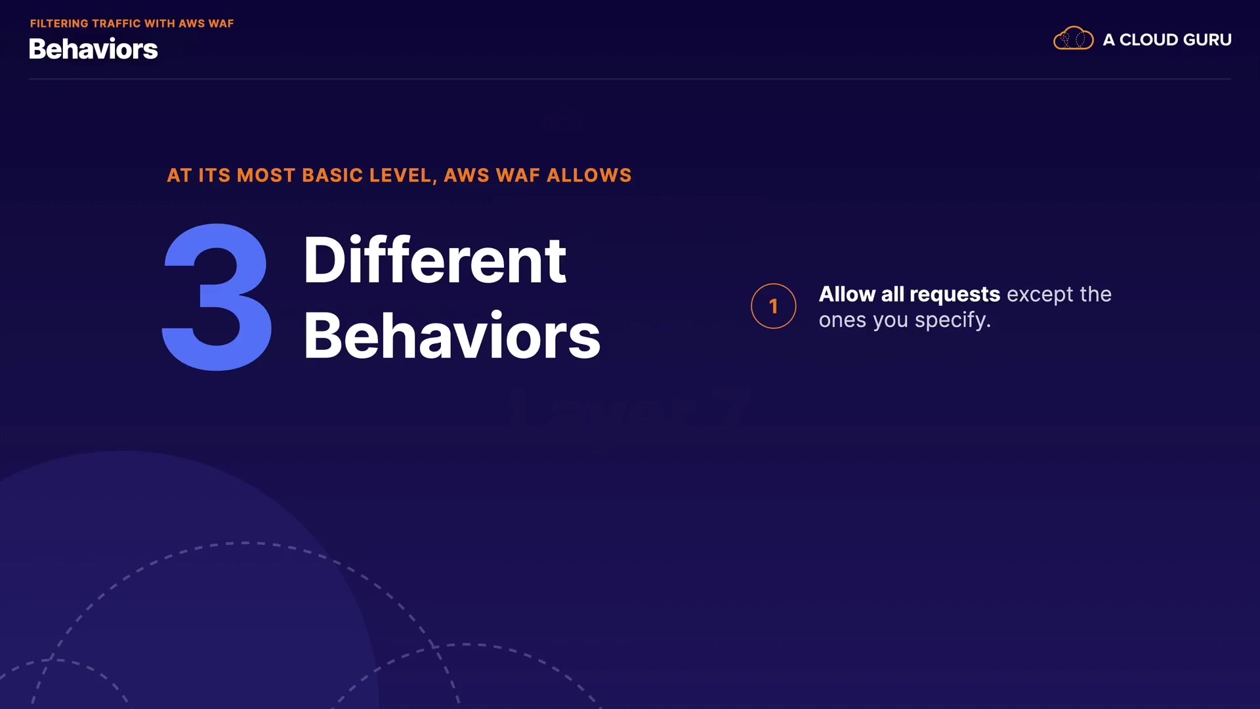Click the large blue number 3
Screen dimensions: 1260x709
click(x=217, y=297)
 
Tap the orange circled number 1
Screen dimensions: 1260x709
click(x=774, y=306)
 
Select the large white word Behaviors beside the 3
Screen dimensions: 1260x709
click(x=452, y=335)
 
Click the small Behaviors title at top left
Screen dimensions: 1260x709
click(x=93, y=49)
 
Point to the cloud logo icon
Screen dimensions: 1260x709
click(x=1073, y=39)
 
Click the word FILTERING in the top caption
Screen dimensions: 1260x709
click(x=59, y=24)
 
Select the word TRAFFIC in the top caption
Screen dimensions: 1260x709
click(x=117, y=24)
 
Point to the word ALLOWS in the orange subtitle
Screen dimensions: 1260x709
click(x=589, y=175)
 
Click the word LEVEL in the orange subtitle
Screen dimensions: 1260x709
click(x=402, y=176)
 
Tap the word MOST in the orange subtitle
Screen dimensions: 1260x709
click(x=266, y=175)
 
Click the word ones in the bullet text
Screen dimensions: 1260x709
click(x=842, y=321)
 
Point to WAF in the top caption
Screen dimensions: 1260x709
click(x=221, y=24)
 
